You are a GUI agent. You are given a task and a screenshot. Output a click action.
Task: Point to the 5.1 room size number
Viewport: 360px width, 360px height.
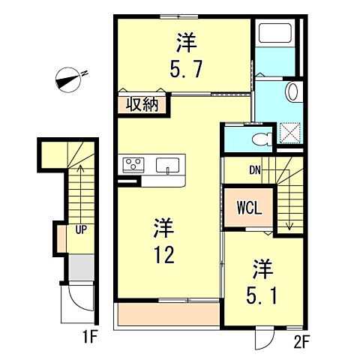(261, 294)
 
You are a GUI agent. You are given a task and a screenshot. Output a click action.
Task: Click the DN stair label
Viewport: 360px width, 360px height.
(255, 170)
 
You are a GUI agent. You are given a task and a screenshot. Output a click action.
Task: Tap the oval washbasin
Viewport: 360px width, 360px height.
(293, 93)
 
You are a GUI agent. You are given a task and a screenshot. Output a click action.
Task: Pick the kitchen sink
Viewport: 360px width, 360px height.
(168, 164)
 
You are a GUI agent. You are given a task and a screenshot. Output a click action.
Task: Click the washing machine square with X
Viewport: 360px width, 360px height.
(289, 135)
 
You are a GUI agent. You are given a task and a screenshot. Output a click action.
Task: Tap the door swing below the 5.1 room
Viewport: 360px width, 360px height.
(263, 339)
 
